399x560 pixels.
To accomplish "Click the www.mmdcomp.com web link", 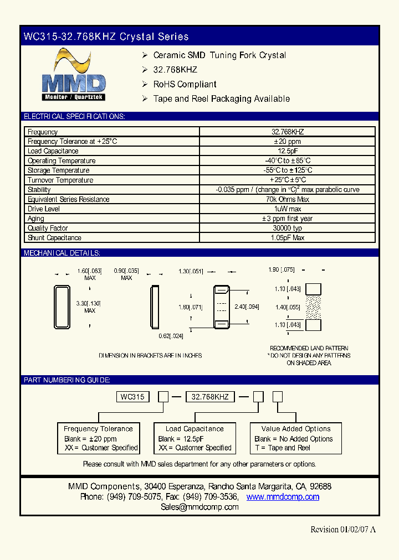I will click(283, 497).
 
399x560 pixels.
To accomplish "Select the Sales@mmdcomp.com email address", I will click(199, 507).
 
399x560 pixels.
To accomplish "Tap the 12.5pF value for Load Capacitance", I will click(287, 151).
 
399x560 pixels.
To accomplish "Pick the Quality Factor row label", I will click(48, 228).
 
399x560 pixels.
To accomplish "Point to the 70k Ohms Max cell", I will click(287, 199).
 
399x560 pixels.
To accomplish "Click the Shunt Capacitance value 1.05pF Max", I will click(287, 238).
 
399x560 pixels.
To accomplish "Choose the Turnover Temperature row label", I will click(60, 180).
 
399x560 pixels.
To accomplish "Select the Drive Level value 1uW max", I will click(287, 209).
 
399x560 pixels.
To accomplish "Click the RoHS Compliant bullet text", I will click(185, 84).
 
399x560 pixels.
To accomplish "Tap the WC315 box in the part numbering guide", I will click(132, 397).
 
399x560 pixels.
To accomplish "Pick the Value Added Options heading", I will click(296, 429).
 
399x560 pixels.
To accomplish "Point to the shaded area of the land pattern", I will click(314, 307).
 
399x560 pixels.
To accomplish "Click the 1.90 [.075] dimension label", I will click(282, 269).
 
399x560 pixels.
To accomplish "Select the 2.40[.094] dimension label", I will click(247, 307).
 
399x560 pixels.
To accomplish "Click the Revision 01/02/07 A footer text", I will click(343, 529).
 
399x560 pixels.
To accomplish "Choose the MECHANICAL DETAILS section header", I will click(62, 253).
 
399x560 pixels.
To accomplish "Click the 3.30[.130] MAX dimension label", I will click(89, 307).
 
